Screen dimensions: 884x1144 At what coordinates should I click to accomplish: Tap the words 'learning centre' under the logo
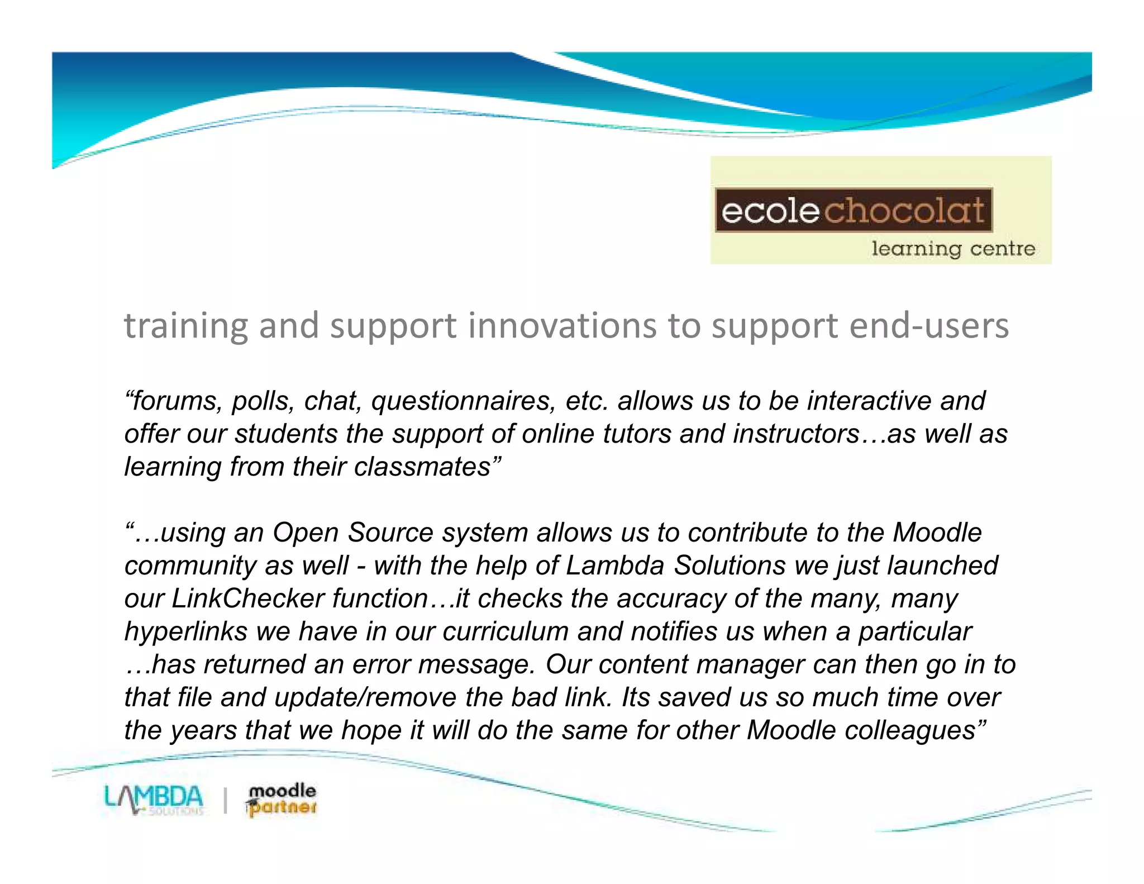(x=953, y=248)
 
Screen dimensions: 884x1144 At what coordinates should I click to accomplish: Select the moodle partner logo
(x=281, y=800)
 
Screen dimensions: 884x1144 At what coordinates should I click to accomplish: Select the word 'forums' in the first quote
(x=177, y=401)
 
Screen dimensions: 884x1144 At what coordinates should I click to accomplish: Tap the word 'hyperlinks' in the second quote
(x=185, y=631)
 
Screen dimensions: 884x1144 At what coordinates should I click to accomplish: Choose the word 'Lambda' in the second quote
(x=614, y=565)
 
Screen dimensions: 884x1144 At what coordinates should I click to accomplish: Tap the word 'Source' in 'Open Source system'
(x=390, y=533)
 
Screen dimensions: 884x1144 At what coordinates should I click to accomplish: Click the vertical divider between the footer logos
(x=225, y=800)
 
